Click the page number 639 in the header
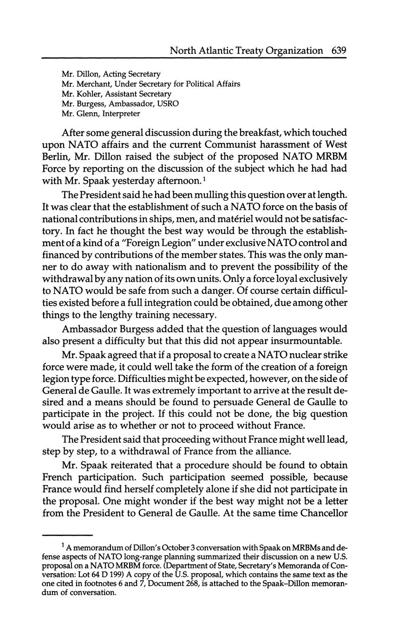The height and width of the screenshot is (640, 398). click(x=339, y=50)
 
